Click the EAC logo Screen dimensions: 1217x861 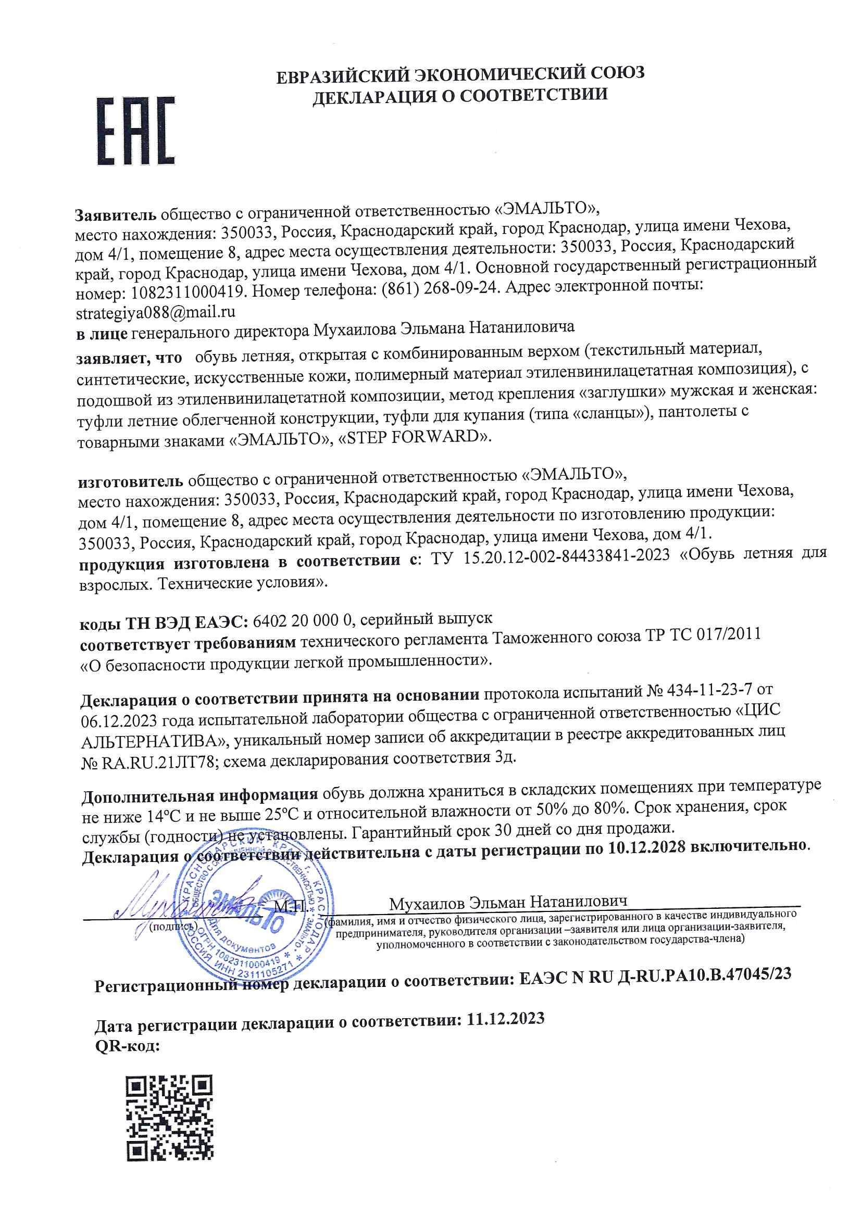pyautogui.click(x=135, y=132)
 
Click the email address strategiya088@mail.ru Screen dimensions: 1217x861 pyautogui.click(x=155, y=313)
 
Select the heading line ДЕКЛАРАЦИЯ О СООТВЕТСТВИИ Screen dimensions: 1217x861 pyautogui.click(x=460, y=95)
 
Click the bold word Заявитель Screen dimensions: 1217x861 pyautogui.click(x=115, y=215)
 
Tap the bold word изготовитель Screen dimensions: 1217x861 pyautogui.click(x=131, y=481)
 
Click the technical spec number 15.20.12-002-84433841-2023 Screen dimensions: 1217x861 pyautogui.click(x=567, y=556)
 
